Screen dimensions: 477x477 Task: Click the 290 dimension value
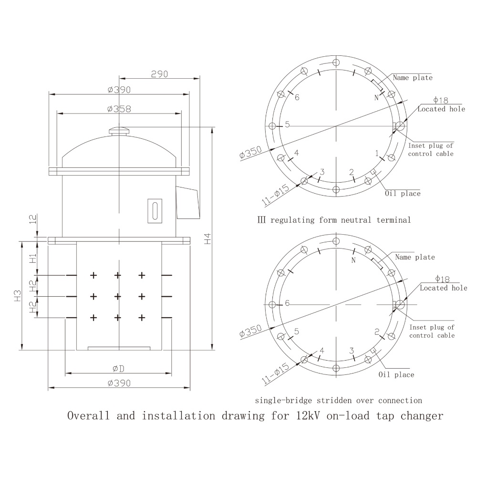(159, 74)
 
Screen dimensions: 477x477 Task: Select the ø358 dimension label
(119, 109)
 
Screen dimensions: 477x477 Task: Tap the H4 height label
(207, 238)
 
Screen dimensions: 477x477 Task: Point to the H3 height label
(18, 295)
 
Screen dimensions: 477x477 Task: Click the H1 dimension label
(33, 258)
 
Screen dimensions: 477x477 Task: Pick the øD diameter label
(118, 369)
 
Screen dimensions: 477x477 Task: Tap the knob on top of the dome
(119, 131)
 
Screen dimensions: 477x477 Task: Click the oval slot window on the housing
(155, 210)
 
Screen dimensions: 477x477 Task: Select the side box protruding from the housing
(187, 202)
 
